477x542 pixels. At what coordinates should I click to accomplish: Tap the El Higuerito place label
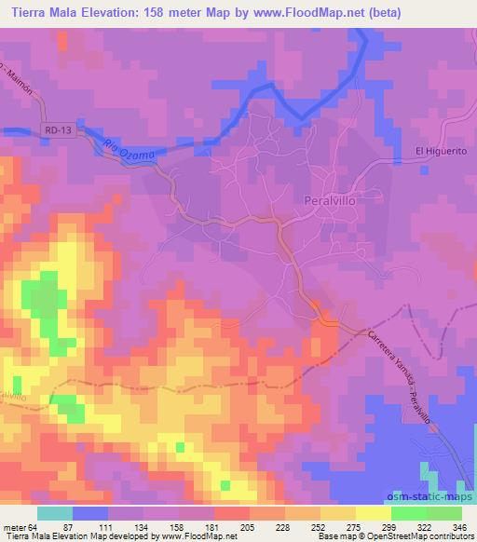click(438, 153)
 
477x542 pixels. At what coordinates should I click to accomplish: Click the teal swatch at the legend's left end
click(54, 513)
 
